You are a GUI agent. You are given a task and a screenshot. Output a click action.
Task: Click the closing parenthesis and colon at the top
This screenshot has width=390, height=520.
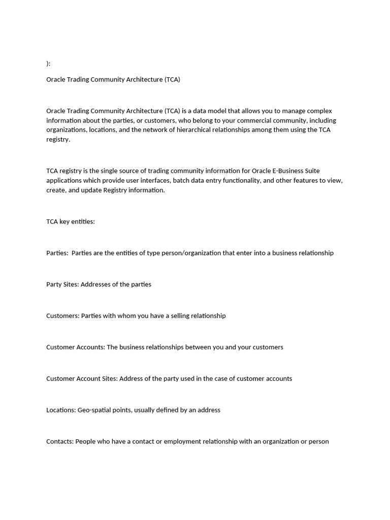[48, 63]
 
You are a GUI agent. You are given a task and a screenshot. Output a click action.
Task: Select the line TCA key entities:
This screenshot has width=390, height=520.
[71, 221]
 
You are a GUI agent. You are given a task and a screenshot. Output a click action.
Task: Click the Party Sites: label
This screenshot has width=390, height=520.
[62, 284]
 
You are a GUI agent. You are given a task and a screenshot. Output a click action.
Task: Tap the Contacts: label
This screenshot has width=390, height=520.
[60, 441]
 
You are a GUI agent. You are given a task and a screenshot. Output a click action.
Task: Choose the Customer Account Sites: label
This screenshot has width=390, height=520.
[82, 378]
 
